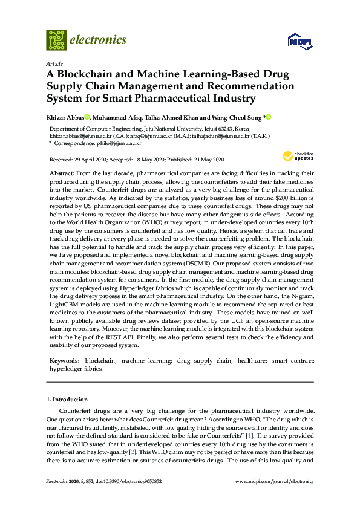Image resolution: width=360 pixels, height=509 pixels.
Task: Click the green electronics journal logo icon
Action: (56, 40)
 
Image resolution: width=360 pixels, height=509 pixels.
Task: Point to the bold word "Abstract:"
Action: (62, 173)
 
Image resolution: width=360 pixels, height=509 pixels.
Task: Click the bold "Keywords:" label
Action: (65, 360)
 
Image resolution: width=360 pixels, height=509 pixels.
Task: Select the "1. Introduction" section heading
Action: (67, 400)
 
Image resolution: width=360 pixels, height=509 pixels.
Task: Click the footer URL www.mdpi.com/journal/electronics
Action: (273, 481)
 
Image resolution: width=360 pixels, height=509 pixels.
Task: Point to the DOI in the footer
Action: (124, 481)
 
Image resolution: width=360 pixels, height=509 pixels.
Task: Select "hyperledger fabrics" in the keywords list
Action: (76, 368)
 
